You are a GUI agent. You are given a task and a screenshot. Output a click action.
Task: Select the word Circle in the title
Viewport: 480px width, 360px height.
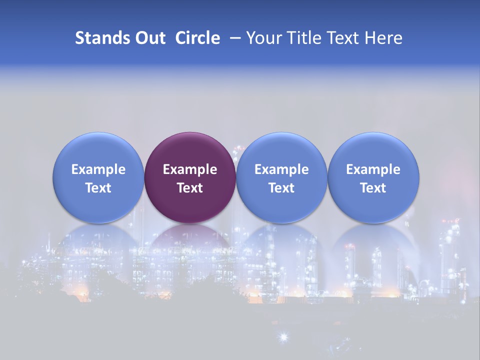click(x=197, y=38)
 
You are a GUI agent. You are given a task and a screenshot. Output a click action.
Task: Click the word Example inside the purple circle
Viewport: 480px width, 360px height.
click(x=190, y=169)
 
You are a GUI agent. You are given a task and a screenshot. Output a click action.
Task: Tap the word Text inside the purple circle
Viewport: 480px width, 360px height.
click(x=190, y=188)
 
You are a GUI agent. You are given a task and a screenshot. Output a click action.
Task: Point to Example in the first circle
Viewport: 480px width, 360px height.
click(x=98, y=169)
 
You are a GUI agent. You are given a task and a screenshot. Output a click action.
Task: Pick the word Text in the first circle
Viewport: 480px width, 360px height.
click(x=98, y=188)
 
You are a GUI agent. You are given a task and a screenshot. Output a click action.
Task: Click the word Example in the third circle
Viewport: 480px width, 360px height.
click(x=281, y=169)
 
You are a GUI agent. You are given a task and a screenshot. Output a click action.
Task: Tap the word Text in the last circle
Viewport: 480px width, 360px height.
click(x=373, y=188)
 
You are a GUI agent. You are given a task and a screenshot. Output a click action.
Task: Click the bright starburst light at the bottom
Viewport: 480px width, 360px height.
click(x=283, y=337)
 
